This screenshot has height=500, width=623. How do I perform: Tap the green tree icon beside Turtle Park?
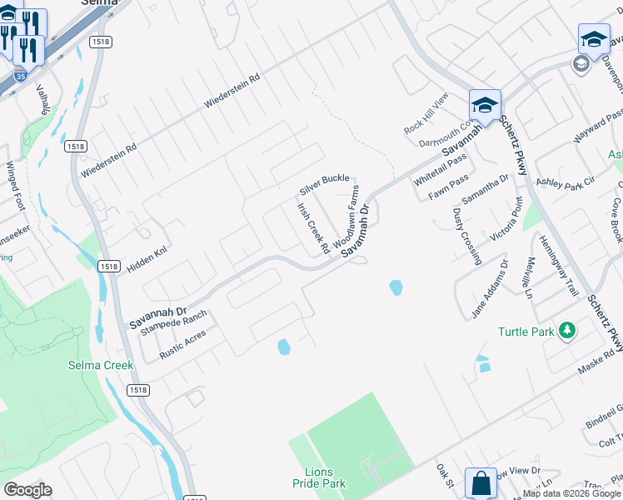[x=567, y=331]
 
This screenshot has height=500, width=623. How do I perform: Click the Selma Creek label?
[x=95, y=365]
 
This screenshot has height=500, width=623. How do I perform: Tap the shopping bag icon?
[x=481, y=483]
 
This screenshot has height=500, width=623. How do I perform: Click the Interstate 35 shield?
[x=21, y=76]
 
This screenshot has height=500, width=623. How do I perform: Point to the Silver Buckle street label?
[x=324, y=178]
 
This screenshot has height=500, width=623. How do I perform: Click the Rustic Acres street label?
[x=184, y=342]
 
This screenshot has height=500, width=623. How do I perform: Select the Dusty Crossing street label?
[x=466, y=236]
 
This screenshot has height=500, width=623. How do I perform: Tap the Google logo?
[x=27, y=490]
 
